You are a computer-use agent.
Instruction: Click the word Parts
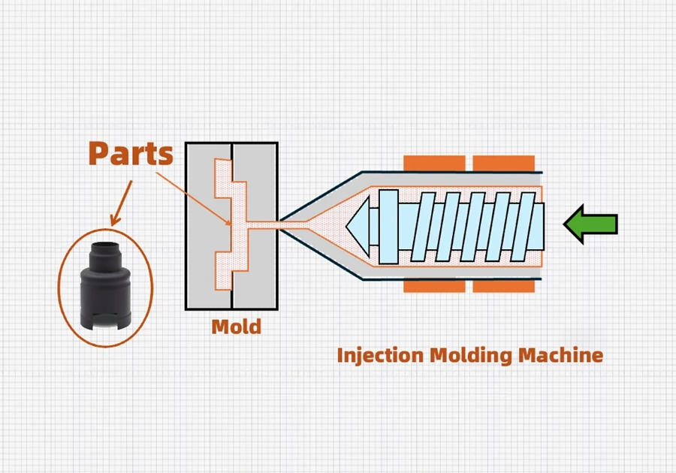(131, 154)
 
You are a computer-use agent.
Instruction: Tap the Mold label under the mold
(236, 327)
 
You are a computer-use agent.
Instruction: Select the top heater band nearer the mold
(434, 163)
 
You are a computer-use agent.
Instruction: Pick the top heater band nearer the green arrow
(503, 163)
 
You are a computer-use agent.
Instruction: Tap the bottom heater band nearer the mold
(434, 286)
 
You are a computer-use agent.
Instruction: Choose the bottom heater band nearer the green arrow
(503, 286)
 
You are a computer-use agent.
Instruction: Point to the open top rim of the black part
(105, 247)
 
